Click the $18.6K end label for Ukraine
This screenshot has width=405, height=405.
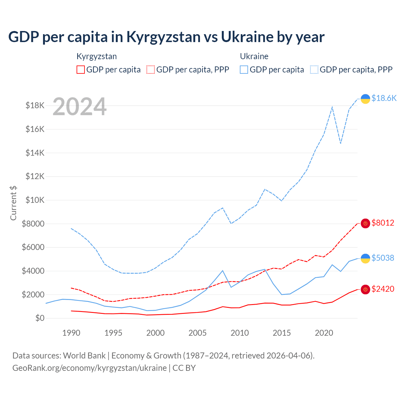[384, 98]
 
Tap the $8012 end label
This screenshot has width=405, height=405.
[383, 223]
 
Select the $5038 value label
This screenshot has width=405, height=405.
[383, 258]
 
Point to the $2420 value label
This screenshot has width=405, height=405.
[383, 289]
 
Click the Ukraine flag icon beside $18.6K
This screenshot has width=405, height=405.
[365, 99]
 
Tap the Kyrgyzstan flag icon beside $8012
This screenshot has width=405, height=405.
[365, 223]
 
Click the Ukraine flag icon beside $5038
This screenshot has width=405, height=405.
[365, 258]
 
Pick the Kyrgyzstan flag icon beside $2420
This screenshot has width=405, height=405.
[365, 289]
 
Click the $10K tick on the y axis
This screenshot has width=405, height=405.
[35, 200]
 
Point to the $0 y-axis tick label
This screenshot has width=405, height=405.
[40, 318]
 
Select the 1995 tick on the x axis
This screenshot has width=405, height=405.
[113, 333]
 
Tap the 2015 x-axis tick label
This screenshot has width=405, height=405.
[282, 333]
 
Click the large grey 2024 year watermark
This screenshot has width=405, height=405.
[79, 107]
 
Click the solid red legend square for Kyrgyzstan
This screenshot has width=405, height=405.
[81, 70]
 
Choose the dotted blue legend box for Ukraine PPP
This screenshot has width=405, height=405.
[314, 70]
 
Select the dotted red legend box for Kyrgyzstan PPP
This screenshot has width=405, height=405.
[151, 70]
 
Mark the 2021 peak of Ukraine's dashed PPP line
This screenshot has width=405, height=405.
[332, 107]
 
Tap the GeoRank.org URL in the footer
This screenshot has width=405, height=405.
[90, 368]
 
